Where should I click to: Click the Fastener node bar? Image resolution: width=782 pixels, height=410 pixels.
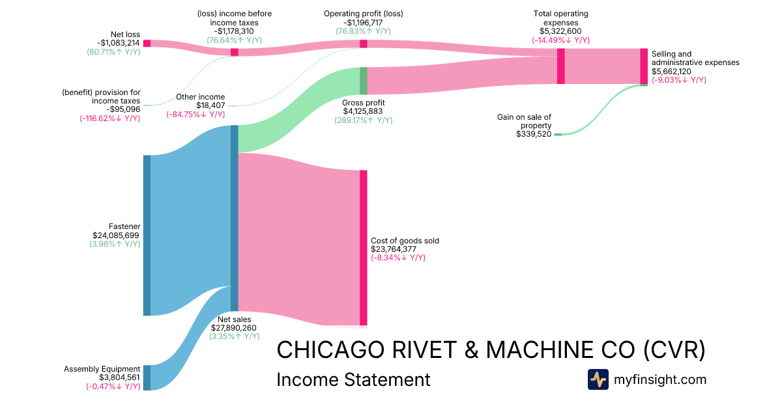(x=147, y=235)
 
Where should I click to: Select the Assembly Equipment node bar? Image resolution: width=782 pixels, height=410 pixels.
(x=147, y=377)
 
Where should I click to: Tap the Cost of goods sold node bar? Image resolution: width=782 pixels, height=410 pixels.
(x=363, y=247)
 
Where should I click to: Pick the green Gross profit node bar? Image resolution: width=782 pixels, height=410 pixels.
(x=364, y=81)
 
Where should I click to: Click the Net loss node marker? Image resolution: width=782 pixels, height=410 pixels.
(x=147, y=43)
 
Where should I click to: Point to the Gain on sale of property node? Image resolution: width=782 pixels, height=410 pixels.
(x=558, y=134)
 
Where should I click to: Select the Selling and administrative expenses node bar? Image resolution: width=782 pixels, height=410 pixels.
(x=644, y=66)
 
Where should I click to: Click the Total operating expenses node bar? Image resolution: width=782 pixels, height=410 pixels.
(x=560, y=66)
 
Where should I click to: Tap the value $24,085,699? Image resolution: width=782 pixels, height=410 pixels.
(x=116, y=236)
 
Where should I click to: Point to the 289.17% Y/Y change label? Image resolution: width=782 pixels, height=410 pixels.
(x=363, y=120)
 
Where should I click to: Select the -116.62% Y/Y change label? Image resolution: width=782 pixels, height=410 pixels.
(x=109, y=118)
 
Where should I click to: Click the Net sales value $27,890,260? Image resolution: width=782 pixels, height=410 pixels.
(x=233, y=328)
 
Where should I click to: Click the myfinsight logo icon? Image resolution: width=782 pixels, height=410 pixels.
(x=598, y=379)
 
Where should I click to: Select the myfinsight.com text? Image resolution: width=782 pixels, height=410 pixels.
(x=660, y=379)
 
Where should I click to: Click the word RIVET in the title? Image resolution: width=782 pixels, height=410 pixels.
(x=427, y=349)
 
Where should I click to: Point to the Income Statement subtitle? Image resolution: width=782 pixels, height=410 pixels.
(x=353, y=379)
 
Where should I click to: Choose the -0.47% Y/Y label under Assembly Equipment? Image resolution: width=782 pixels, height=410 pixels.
(x=113, y=386)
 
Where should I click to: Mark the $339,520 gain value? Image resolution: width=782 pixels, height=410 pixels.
(x=533, y=134)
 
